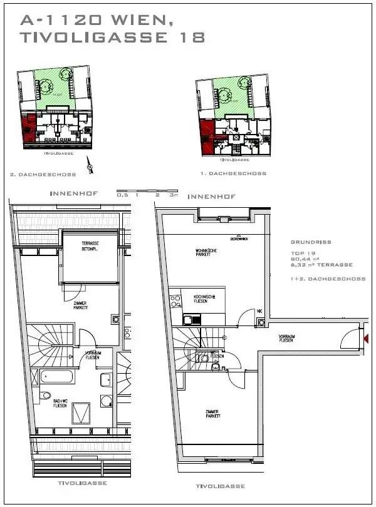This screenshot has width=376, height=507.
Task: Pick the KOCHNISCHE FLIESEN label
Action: pos(206,299)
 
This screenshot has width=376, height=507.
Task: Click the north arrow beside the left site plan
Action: pos(92,167)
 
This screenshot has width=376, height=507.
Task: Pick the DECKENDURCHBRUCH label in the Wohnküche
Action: pos(222,238)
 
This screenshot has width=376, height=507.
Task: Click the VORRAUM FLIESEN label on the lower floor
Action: pos(288,339)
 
